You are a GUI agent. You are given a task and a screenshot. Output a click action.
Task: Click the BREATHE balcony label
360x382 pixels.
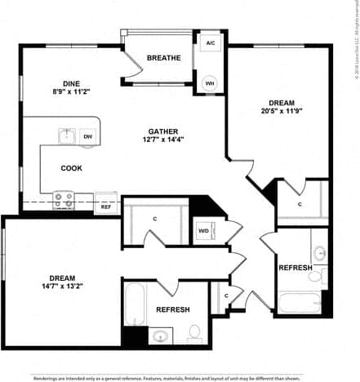pos(163,58)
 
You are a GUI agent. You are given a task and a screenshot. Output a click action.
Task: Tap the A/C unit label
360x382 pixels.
pos(210,42)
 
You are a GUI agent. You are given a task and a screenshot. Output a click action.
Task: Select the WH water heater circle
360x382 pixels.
pos(210,82)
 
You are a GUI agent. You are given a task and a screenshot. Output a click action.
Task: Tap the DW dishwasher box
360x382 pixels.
pos(87,136)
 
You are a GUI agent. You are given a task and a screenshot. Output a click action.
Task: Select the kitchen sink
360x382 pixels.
pos(66,135)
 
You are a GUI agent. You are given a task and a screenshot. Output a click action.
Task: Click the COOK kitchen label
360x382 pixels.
pos(71,168)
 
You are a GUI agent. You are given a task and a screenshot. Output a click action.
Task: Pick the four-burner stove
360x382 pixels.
pos(64,199)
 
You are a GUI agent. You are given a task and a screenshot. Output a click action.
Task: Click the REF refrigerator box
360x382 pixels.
pos(106,207)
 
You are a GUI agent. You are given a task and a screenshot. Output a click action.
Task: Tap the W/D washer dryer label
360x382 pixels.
pos(203,230)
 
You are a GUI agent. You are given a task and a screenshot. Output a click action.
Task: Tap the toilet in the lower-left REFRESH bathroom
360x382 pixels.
pos(195,332)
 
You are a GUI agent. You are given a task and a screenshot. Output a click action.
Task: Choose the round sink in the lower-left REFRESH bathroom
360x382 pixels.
pos(160,335)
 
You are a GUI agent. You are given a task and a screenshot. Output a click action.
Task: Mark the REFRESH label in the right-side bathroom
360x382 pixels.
pos(295,269)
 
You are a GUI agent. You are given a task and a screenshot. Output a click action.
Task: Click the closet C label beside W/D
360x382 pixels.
pos(154,219)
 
